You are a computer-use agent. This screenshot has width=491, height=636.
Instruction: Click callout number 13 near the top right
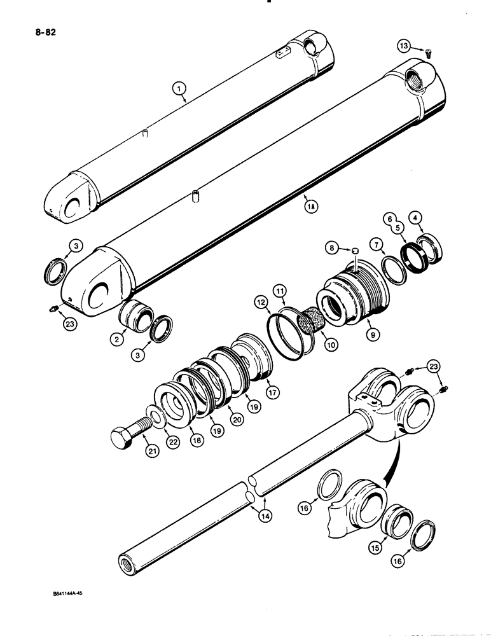tap(405, 46)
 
